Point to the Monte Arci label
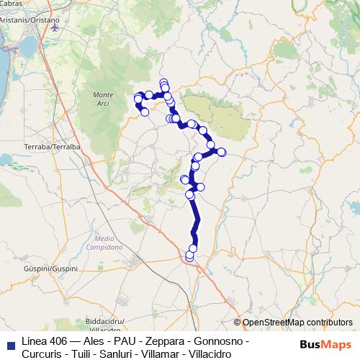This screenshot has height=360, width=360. [x=104, y=100]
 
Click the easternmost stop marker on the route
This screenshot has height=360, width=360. [x=222, y=152]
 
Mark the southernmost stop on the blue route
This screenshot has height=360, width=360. [x=189, y=256]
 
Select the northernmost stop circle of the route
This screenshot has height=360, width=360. [x=163, y=83]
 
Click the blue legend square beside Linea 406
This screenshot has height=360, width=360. [x=10, y=341]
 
